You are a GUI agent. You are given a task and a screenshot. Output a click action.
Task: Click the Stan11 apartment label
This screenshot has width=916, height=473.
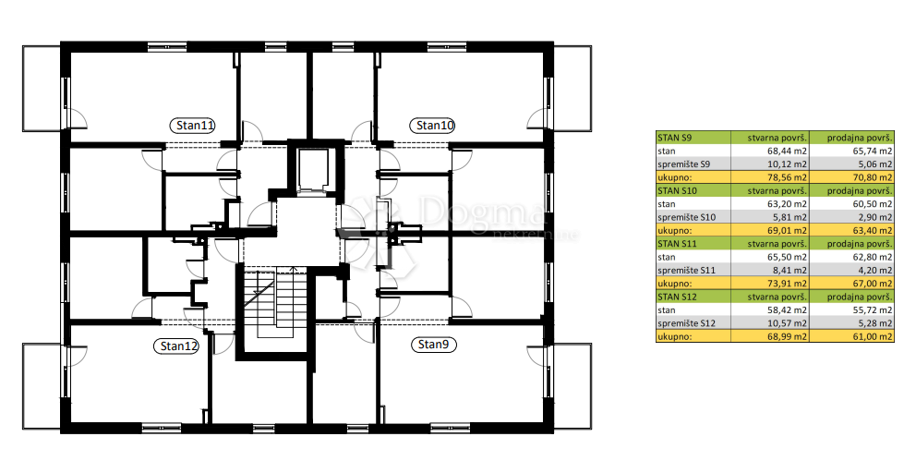(192, 125)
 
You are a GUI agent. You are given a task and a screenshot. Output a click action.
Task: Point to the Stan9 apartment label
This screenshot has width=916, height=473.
(433, 345)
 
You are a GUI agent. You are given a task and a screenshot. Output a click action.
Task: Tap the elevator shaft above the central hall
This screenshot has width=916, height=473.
(313, 171)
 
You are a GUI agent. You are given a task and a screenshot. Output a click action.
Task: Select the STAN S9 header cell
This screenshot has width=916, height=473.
(693, 138)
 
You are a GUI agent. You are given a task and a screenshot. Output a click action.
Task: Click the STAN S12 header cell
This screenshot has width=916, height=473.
(693, 297)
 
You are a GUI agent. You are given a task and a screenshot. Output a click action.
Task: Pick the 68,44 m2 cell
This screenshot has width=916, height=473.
(770, 152)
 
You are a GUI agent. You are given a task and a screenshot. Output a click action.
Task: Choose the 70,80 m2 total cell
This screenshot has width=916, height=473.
(852, 177)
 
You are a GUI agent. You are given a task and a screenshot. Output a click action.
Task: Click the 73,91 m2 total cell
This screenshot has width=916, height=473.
(770, 284)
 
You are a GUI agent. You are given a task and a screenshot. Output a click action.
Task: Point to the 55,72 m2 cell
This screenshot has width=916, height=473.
(852, 309)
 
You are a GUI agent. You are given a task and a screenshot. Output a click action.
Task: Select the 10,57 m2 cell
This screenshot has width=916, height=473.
(770, 323)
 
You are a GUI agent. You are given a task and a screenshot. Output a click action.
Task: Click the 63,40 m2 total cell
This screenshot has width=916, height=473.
(852, 230)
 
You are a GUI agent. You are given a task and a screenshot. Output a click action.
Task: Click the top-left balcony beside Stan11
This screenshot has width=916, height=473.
(42, 88)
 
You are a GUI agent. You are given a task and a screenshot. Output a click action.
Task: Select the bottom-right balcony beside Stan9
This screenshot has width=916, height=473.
(572, 387)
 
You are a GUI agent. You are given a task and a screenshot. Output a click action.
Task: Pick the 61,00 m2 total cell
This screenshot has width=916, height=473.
(852, 337)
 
